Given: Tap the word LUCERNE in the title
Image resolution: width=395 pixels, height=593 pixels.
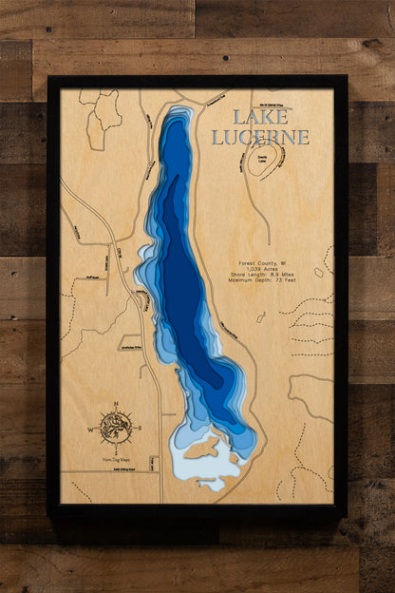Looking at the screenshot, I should pyautogui.click(x=260, y=137).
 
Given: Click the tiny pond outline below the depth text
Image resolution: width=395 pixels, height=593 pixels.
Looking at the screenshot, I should pyautogui.click(x=260, y=317).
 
